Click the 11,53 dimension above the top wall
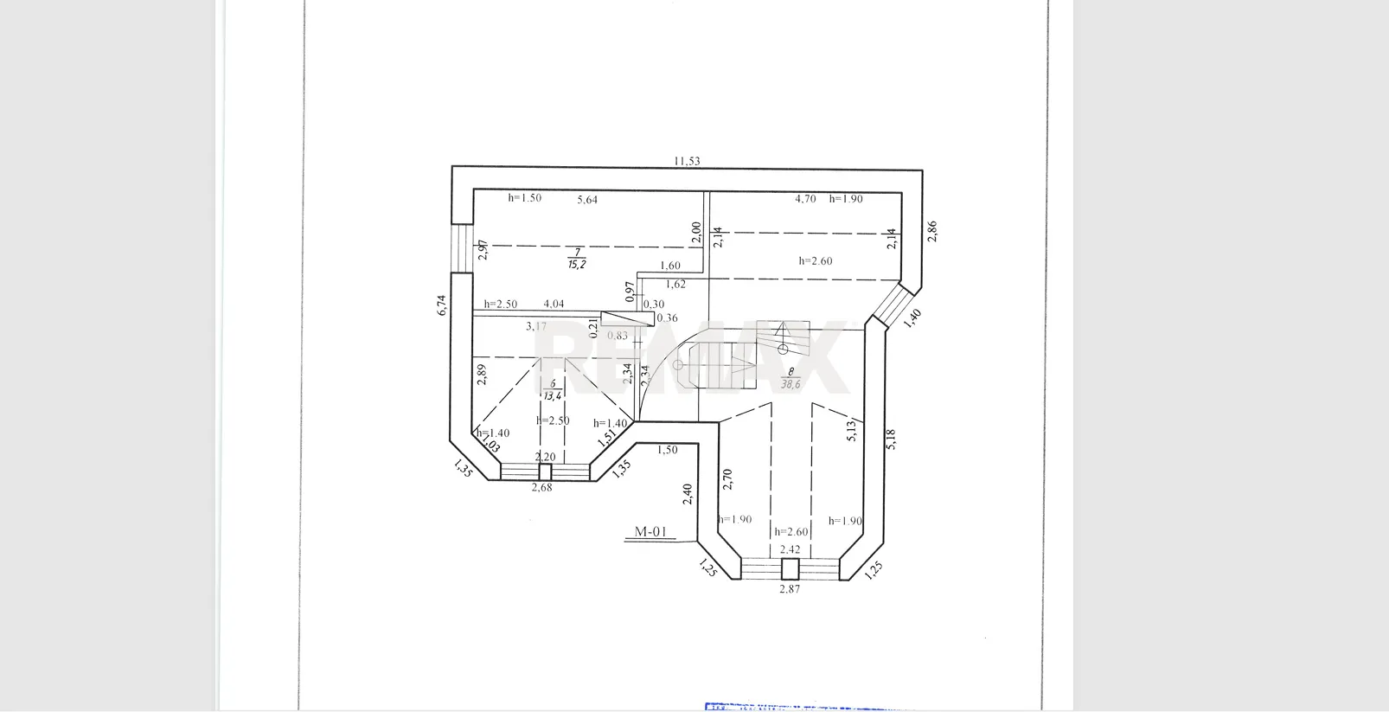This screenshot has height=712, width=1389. [x=687, y=161]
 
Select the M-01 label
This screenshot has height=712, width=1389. [x=650, y=532]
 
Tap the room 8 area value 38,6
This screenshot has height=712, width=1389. [x=791, y=384]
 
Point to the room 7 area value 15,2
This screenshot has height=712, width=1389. [x=577, y=264]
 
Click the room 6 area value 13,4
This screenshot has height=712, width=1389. [x=552, y=395]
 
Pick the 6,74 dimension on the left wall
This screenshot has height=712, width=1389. [x=441, y=305]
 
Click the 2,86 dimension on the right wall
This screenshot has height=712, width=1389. [x=931, y=231]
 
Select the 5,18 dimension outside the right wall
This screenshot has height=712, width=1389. [x=891, y=439]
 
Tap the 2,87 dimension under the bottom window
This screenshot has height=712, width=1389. [x=790, y=589]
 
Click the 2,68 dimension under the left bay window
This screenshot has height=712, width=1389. [x=541, y=487]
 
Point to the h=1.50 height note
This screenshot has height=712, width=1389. [x=524, y=198]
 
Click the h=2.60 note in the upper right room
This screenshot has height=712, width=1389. [x=816, y=260]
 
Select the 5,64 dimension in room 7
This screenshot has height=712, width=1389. [x=587, y=200]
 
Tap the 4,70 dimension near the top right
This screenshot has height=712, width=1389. [x=805, y=199]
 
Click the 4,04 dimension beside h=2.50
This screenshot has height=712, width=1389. [x=554, y=304]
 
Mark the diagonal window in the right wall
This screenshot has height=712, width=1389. [x=891, y=305]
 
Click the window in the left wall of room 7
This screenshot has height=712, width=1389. [x=463, y=249]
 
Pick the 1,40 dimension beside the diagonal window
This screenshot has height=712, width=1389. [x=912, y=318]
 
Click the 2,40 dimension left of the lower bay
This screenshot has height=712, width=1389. [x=688, y=494]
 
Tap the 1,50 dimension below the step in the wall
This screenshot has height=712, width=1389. [x=667, y=450]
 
